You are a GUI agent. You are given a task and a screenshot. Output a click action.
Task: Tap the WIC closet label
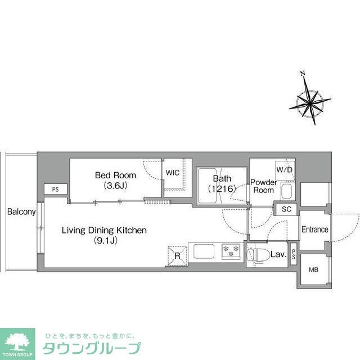click(x=173, y=173)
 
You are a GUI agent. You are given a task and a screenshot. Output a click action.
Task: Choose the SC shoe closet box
click(x=286, y=209)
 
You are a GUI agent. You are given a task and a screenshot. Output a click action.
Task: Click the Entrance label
click(x=314, y=229)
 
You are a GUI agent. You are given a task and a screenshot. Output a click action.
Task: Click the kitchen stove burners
click(x=231, y=251)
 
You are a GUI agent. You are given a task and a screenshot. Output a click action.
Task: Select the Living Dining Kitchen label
click(x=104, y=235)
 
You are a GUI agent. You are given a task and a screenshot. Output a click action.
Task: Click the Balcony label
click(x=21, y=212)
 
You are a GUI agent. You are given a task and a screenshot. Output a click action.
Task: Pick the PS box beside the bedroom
click(x=55, y=190)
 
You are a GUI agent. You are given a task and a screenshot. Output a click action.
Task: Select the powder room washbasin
click(x=286, y=192)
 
